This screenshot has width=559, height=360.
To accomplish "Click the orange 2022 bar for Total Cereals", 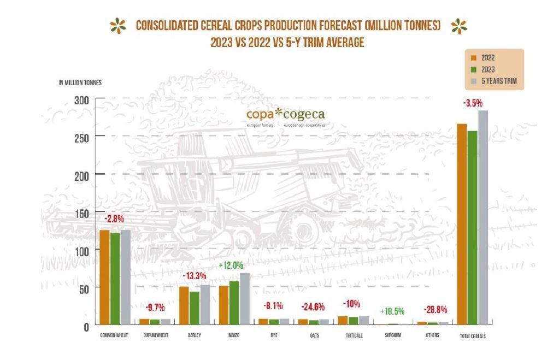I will coord(462,224).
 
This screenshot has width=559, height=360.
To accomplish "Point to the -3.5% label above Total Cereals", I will coord(473,103).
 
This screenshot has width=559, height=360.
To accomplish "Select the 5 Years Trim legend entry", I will coord(492,80).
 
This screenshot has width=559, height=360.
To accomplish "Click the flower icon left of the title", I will coord(116,26).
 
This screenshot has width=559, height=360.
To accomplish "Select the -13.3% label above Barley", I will coord(194,275).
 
